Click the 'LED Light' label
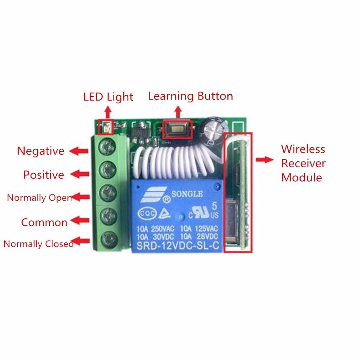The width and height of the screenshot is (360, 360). click(x=108, y=97)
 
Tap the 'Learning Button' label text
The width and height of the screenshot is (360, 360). click(x=190, y=96)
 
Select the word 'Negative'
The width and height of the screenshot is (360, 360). click(x=41, y=151)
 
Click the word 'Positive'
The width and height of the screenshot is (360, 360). click(x=44, y=175)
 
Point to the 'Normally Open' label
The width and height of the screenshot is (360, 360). click(x=39, y=198)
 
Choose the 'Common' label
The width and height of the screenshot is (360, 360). click(x=44, y=223)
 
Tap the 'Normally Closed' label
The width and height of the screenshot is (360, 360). click(x=39, y=244)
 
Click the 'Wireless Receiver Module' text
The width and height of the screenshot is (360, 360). click(x=303, y=163)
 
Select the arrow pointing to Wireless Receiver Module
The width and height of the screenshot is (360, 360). click(x=264, y=160)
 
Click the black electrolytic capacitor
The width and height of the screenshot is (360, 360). click(x=212, y=131)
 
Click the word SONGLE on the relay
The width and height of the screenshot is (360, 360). click(x=187, y=194)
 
